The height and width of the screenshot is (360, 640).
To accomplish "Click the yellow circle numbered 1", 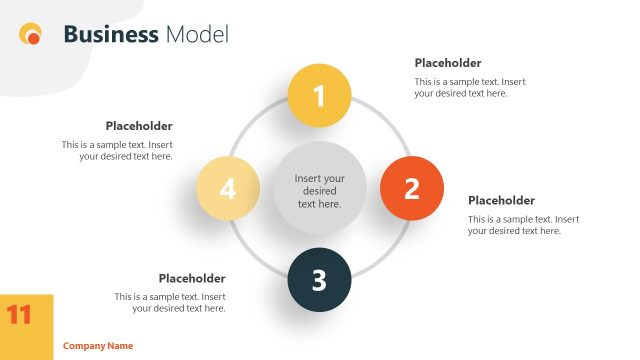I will click(319, 96).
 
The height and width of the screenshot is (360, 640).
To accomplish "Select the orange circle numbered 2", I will click(411, 188).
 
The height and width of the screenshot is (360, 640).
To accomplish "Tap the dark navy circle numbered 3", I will click(319, 279).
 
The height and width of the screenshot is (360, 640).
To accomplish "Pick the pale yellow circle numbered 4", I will click(228, 188).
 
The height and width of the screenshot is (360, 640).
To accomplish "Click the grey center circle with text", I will click(319, 190).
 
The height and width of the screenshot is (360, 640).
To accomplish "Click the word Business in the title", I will click(110, 35).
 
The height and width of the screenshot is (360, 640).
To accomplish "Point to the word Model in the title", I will click(197, 35).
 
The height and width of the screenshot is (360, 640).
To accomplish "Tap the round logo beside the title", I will click(31, 35).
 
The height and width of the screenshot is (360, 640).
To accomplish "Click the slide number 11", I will click(20, 315).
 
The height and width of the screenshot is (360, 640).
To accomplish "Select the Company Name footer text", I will click(98, 346).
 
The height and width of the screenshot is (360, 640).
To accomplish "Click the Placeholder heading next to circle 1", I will click(448, 63).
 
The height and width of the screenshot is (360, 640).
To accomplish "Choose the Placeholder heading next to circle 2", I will click(501, 200).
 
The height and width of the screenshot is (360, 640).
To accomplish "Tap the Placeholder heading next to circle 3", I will click(192, 278).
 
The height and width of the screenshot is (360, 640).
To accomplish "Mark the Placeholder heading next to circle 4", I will click(139, 126).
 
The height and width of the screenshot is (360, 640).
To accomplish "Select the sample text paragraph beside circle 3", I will click(170, 302).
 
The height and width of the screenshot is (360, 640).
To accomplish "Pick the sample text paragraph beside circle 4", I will click(117, 150).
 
